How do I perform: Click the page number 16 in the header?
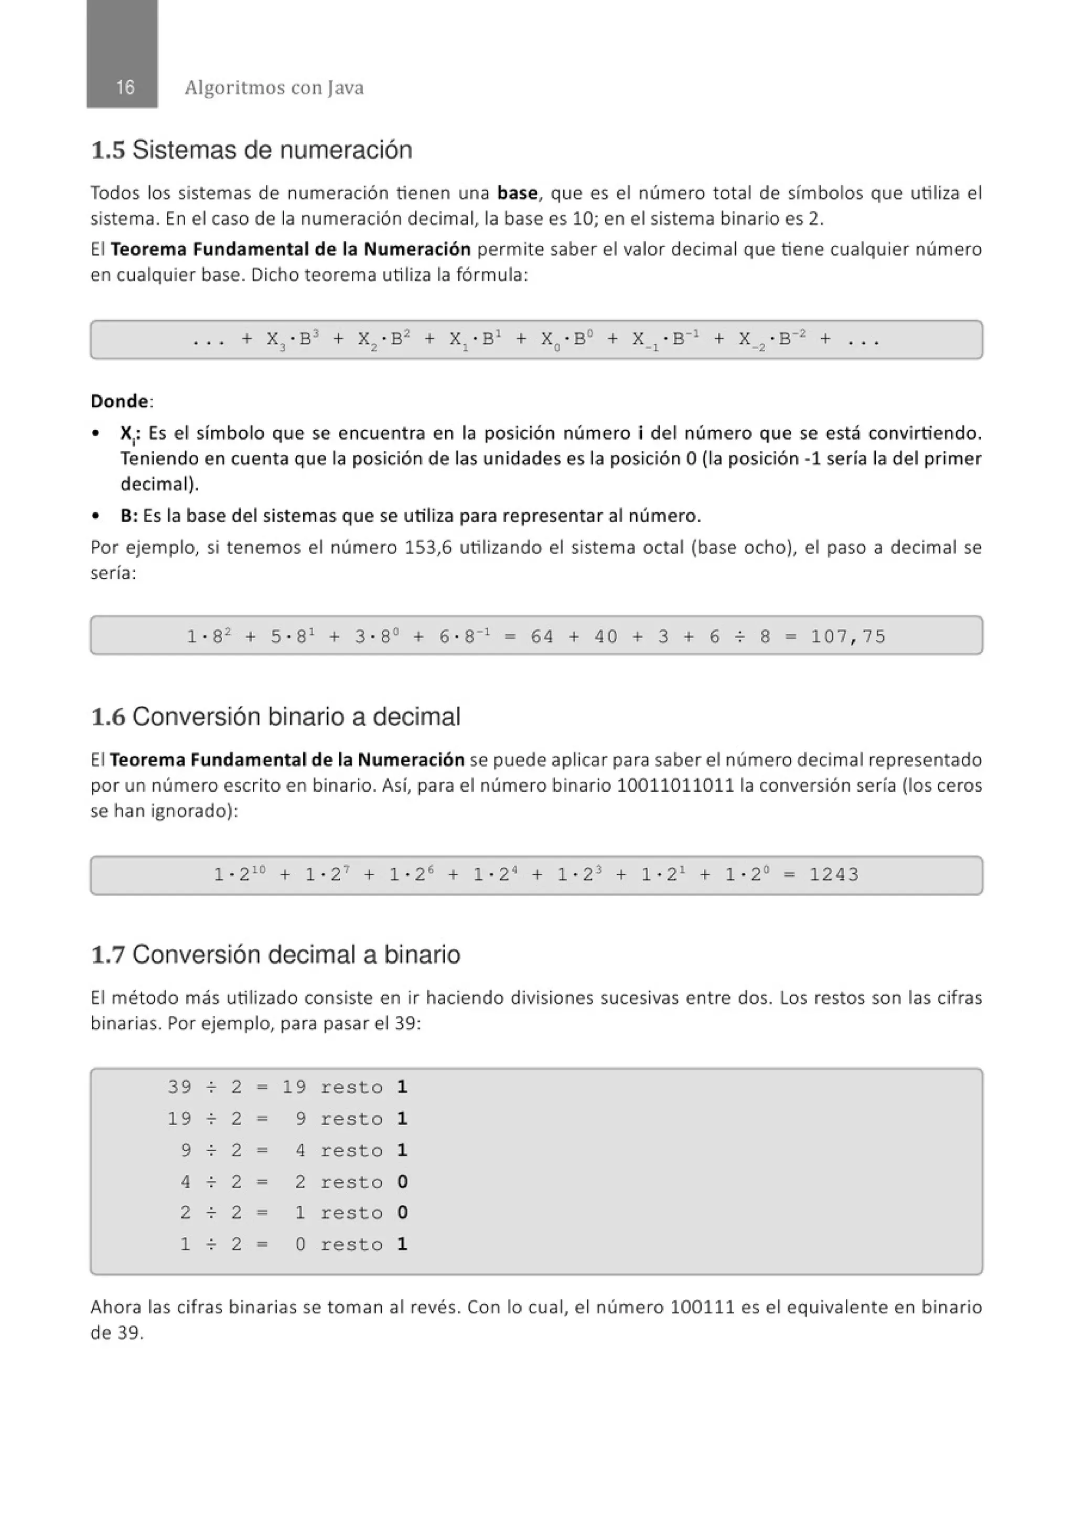tap(124, 87)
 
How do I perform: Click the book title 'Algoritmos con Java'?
tap(274, 88)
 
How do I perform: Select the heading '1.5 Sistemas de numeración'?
tap(251, 150)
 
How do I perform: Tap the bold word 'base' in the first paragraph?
tap(517, 193)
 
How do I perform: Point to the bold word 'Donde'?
tap(119, 401)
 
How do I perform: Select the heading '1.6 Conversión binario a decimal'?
tap(275, 717)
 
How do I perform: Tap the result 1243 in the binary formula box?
tap(834, 874)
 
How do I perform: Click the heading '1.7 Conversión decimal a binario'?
tap(275, 954)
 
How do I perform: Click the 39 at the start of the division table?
tap(179, 1087)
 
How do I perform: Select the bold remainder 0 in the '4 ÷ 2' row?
tap(402, 1182)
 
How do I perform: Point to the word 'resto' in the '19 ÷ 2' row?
tap(351, 1119)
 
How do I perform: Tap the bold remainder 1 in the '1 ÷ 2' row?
tap(402, 1244)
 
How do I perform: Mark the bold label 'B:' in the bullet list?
tap(128, 516)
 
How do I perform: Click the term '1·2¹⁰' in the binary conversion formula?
tap(239, 874)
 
